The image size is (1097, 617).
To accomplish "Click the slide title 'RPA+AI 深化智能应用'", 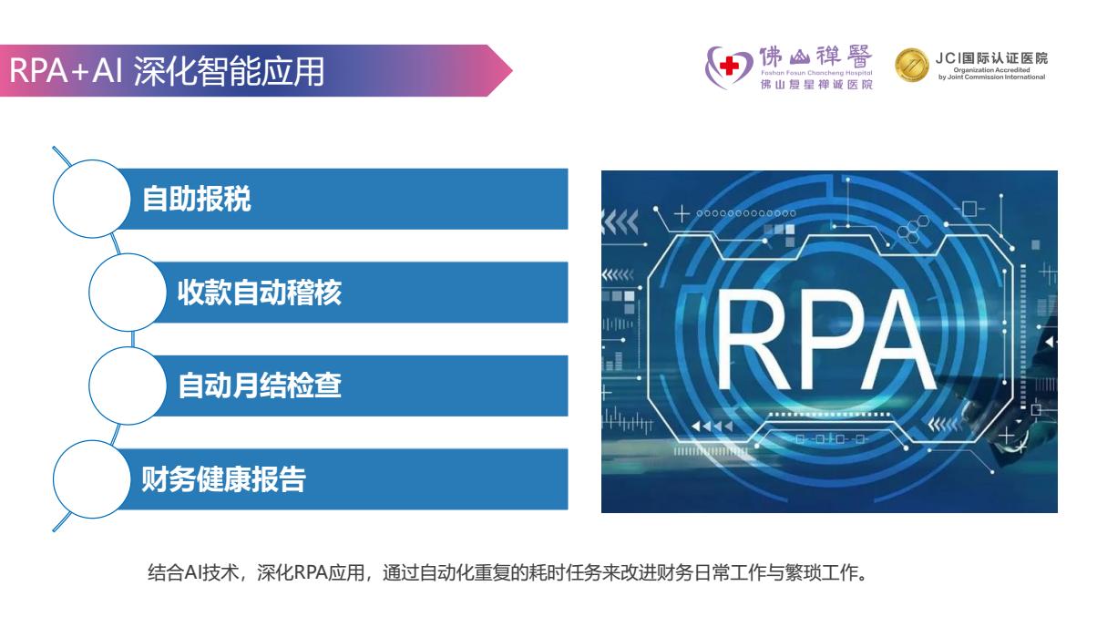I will tap(168, 71).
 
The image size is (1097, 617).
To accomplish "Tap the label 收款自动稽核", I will tap(260, 293).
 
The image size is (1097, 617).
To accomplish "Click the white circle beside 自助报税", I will tap(91, 199).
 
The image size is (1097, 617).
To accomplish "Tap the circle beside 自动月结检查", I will tap(127, 386).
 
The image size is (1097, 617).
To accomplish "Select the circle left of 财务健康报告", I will tap(91, 478).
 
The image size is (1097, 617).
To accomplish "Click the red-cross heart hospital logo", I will tap(728, 67).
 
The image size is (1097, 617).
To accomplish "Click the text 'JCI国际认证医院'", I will tap(991, 58).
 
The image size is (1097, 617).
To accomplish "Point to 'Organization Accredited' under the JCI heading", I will tap(991, 70).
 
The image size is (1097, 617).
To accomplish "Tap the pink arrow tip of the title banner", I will tap(499, 71).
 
